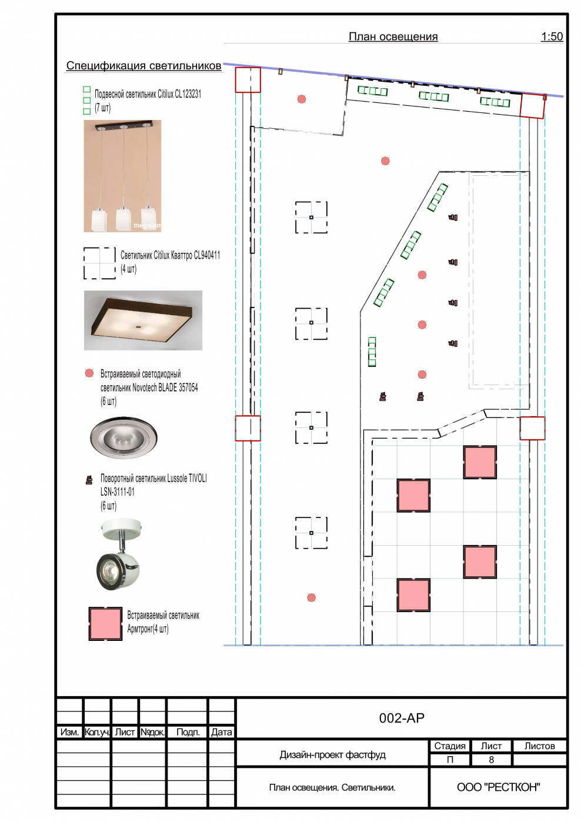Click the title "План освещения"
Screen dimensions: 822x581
point(393,36)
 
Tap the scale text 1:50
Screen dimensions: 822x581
point(552,36)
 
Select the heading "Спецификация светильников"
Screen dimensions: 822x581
point(143,66)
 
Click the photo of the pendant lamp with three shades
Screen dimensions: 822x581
point(122,176)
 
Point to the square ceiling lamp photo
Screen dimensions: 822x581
point(143,320)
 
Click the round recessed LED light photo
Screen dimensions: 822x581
point(123,437)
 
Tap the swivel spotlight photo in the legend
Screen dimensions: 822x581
point(120,554)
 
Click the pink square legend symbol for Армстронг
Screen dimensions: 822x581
point(105,623)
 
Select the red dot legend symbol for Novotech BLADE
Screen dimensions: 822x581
point(89,373)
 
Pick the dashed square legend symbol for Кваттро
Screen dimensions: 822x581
point(99,263)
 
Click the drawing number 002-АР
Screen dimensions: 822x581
point(402,718)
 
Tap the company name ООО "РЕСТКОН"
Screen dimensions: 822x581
point(498,787)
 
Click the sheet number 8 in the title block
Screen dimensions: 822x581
point(491,760)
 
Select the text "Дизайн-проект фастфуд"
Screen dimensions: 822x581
point(332,754)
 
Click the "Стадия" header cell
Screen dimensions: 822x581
point(449,746)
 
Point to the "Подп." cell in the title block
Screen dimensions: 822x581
point(188,732)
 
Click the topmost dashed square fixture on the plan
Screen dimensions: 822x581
point(311,218)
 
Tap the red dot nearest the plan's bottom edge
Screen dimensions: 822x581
point(312,597)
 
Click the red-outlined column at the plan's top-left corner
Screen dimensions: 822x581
point(248,80)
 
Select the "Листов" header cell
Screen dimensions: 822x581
point(539,746)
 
